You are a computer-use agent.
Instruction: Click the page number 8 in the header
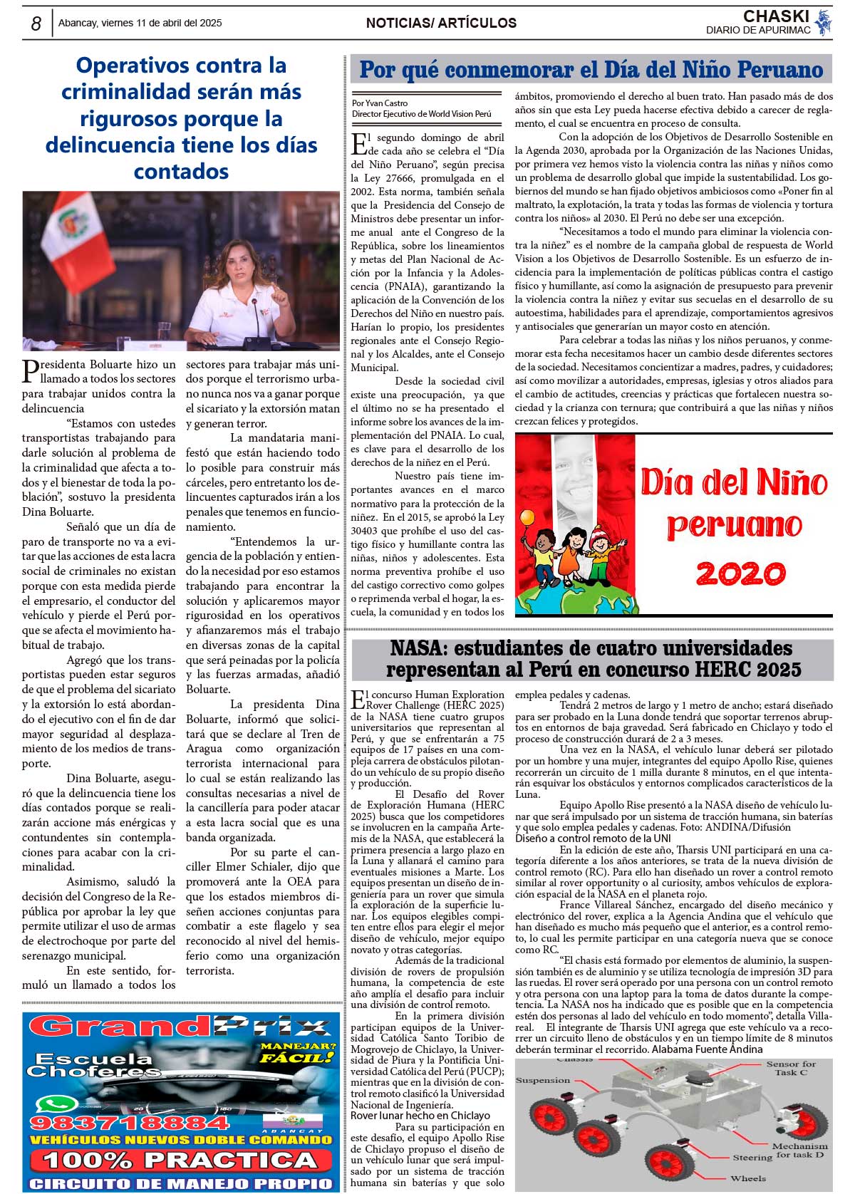pos(36,24)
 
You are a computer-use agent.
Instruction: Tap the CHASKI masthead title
pos(776,16)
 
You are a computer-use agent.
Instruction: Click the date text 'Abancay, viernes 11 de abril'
pos(140,23)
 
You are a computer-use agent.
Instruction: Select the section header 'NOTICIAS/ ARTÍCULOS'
pos(441,23)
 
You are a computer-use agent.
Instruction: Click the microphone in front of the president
pos(255,317)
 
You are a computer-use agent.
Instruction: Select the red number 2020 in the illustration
pos(741,573)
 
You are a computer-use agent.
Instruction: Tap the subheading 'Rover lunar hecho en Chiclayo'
pos(420,1116)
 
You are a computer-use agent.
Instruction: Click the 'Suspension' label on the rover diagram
pos(543,1080)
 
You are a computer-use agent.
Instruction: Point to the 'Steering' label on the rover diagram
pos(752,1158)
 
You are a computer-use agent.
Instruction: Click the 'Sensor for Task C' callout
pos(791,1068)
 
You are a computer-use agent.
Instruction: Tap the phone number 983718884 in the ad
pos(128,1123)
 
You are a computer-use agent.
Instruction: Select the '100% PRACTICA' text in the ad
pos(180,1160)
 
